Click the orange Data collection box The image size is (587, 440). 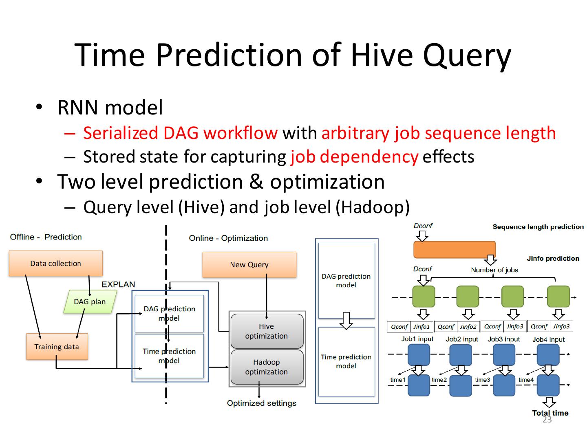(x=55, y=264)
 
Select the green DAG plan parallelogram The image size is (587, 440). (x=90, y=301)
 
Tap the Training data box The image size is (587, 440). (x=57, y=347)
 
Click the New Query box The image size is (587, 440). (x=249, y=265)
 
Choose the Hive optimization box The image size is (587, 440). (x=267, y=331)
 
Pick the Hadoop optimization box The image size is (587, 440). (x=267, y=367)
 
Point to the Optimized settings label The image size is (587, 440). (x=261, y=403)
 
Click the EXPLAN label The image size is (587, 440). (x=118, y=284)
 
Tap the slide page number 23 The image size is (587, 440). (x=547, y=420)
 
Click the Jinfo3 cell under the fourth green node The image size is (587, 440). (x=561, y=326)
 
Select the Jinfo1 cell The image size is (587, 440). (x=421, y=327)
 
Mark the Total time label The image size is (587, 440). (x=550, y=413)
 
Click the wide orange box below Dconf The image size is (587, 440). (x=455, y=250)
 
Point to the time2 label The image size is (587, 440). (x=439, y=380)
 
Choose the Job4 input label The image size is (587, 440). (x=548, y=339)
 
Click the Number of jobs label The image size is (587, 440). (x=494, y=270)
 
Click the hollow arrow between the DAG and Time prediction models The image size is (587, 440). (x=346, y=320)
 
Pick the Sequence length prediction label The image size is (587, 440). (x=538, y=227)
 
